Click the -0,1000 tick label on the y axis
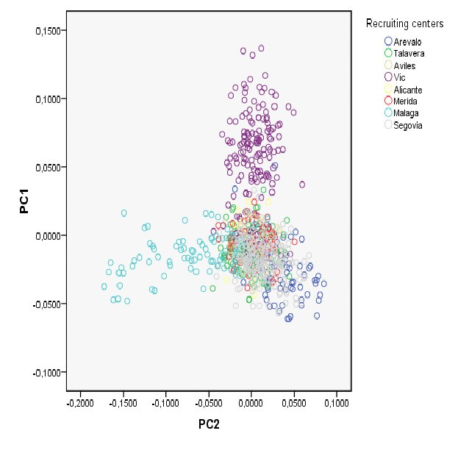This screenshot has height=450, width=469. [x=46, y=372]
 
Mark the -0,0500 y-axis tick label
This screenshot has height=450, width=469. [x=46, y=304]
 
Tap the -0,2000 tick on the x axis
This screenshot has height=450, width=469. [x=79, y=404]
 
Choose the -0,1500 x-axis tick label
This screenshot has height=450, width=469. [x=122, y=404]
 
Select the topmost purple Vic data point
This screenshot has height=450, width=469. [x=260, y=49]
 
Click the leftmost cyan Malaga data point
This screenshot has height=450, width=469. [x=104, y=286]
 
